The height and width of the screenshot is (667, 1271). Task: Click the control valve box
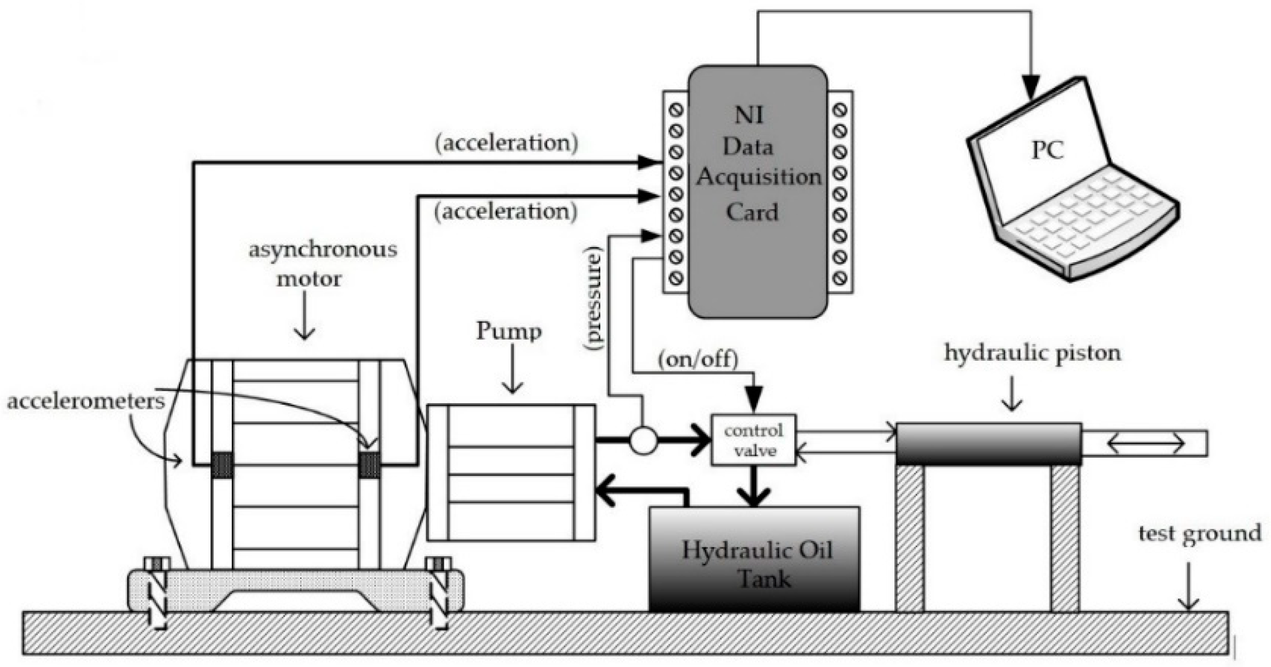(754, 440)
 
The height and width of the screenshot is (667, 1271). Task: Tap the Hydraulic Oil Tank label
(756, 564)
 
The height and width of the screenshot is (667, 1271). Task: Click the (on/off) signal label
(697, 359)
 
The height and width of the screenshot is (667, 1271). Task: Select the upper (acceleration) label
(506, 143)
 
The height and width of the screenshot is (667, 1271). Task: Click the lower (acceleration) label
(506, 212)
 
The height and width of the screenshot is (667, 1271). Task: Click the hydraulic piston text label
(1032, 353)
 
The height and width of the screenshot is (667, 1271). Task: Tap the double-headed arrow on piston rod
(1145, 444)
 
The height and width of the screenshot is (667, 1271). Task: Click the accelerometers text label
(86, 401)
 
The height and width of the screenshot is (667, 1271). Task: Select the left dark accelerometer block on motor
(222, 465)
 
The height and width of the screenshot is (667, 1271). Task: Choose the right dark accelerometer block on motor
(369, 465)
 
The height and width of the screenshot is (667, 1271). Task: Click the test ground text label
(1199, 533)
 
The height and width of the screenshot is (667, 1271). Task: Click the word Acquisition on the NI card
(758, 178)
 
